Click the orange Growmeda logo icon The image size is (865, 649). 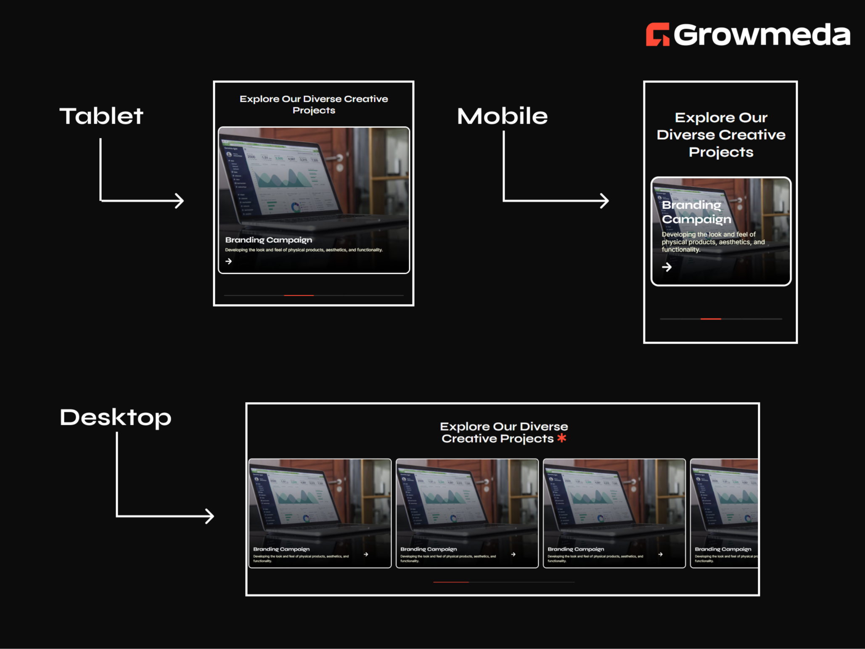tap(657, 34)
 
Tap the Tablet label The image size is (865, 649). tap(101, 116)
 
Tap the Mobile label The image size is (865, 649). tap(502, 116)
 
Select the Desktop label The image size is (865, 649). tap(116, 417)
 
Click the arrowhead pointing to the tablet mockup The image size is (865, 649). tap(180, 201)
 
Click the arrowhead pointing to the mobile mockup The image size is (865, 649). tap(605, 201)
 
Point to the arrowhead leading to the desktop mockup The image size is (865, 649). tap(210, 516)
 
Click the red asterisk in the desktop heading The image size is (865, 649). tap(562, 438)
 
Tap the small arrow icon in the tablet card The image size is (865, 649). tap(228, 261)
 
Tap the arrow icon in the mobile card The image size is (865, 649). tap(667, 267)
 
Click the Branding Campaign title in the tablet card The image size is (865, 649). tap(269, 240)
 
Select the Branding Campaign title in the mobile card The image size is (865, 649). tap(696, 212)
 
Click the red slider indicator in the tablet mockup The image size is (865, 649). tap(299, 296)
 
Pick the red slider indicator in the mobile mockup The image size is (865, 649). tap(711, 319)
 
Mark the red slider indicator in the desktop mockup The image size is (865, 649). tap(451, 582)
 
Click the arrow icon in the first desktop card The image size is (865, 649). tap(366, 554)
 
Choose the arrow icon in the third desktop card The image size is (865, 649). tap(660, 554)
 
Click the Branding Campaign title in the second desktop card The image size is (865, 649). tap(429, 549)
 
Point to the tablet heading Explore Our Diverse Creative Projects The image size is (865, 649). tap(314, 104)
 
